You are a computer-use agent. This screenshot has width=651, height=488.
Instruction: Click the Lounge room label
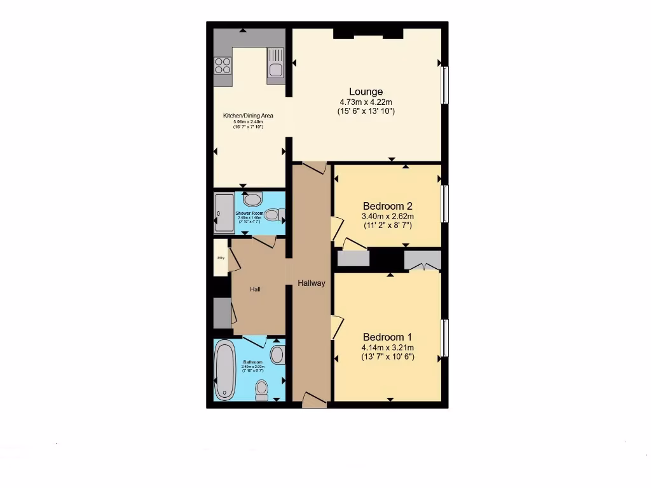[366, 91]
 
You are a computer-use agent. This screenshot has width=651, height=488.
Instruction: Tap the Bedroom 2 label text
[388, 206]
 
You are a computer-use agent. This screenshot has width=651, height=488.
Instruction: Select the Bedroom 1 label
[388, 337]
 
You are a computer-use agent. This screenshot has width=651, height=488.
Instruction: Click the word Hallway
[312, 283]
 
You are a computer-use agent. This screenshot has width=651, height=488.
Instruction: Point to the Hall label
[255, 290]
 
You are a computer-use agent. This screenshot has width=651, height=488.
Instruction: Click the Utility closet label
[221, 258]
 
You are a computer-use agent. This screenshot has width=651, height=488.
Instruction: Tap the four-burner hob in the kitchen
[223, 65]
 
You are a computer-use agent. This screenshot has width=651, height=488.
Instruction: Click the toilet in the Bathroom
[261, 390]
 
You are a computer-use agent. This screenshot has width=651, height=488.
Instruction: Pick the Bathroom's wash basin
[277, 354]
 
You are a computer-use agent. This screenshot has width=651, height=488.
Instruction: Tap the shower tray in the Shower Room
[224, 213]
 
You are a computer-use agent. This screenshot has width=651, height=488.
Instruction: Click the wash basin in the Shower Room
[252, 199]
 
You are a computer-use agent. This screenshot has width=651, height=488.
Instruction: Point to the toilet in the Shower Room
[274, 215]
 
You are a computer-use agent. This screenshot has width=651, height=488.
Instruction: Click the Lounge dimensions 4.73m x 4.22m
[366, 102]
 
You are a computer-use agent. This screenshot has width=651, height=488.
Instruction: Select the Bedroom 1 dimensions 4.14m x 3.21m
[388, 348]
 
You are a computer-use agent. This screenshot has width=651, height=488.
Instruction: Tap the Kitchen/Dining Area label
[248, 116]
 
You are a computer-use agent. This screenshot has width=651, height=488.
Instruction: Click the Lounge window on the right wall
[445, 85]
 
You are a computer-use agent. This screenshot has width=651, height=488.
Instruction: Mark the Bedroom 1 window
[445, 337]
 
